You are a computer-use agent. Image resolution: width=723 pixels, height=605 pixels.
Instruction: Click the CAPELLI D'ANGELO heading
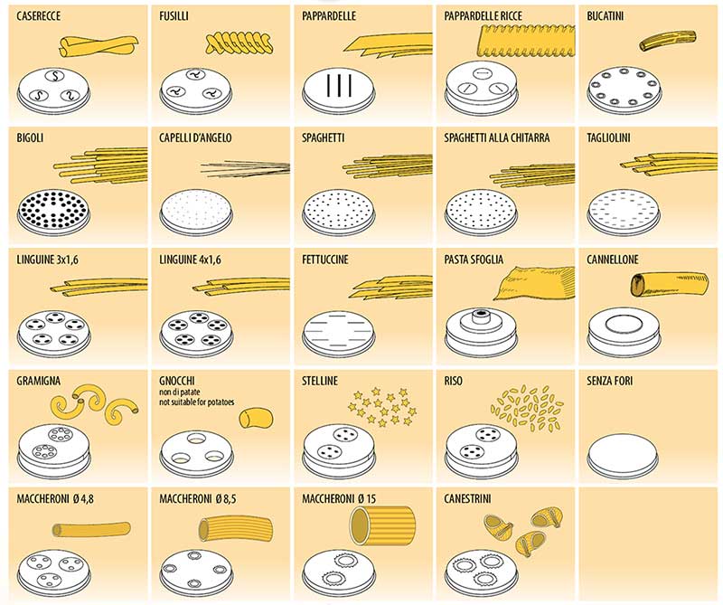[x=195, y=138]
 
